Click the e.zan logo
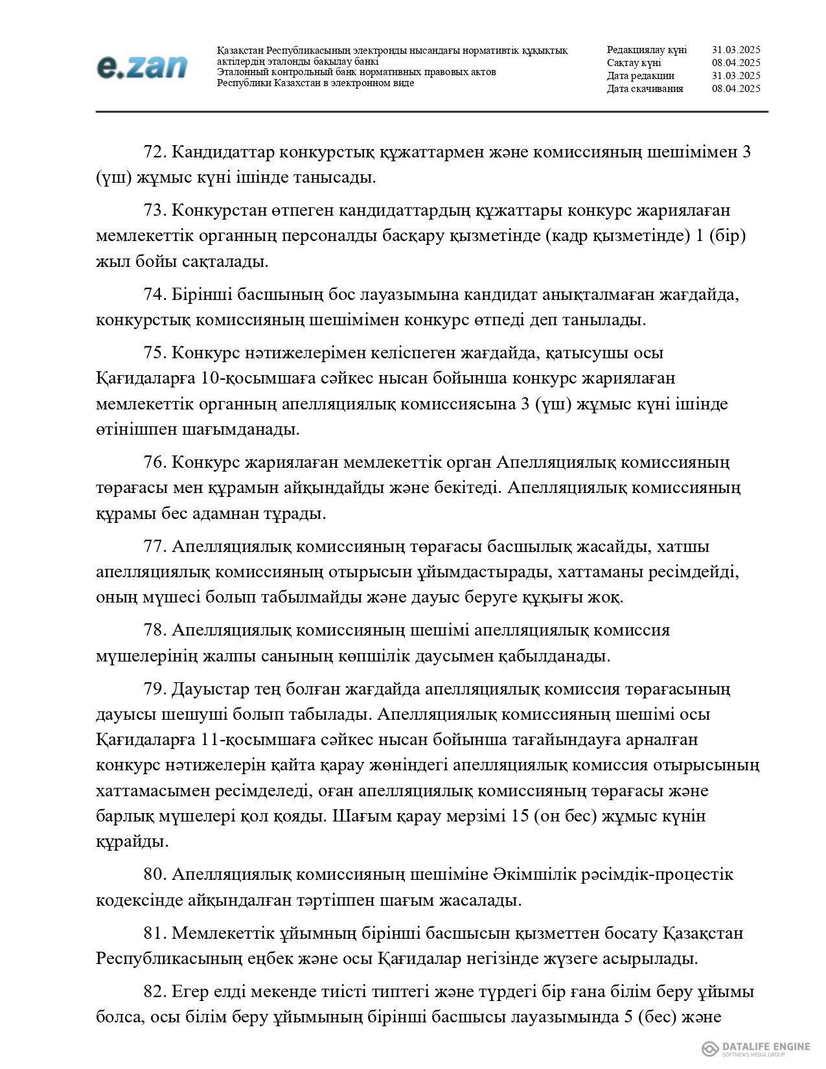[x=142, y=67]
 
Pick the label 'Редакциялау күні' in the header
[x=647, y=50]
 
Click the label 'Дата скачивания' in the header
[x=645, y=89]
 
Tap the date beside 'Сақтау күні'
[x=735, y=63]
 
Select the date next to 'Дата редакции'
[x=735, y=76]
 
